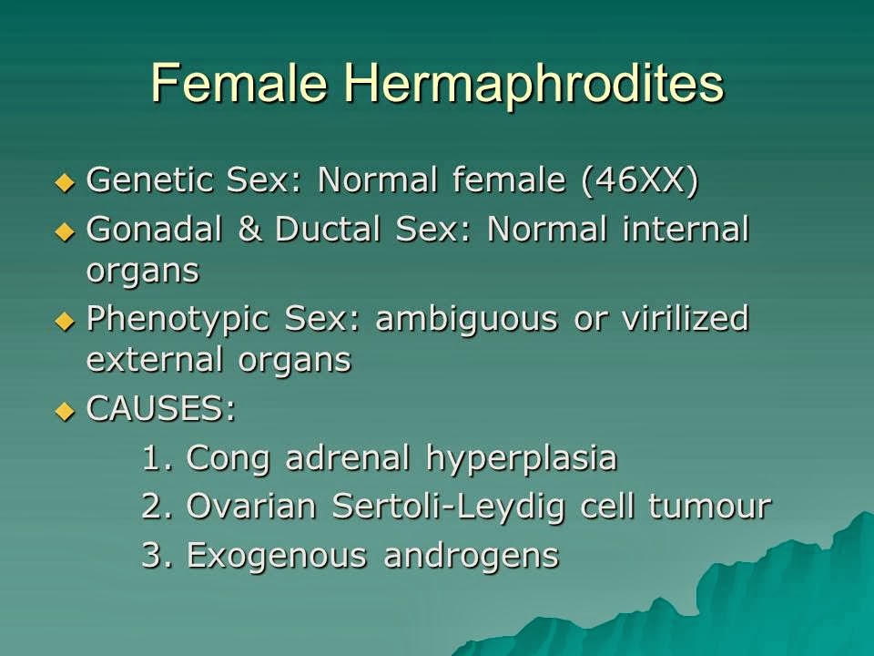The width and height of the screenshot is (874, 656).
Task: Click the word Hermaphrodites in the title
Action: (x=534, y=84)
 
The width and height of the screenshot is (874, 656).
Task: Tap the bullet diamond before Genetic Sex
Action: (x=63, y=182)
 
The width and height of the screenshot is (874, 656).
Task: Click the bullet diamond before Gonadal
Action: (x=63, y=231)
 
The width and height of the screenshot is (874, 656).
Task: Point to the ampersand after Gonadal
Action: (x=249, y=230)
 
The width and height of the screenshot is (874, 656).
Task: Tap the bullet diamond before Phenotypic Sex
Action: (x=63, y=321)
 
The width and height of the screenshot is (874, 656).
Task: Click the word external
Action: (x=141, y=360)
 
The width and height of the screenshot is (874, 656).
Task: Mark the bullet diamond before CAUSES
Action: (x=63, y=411)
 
